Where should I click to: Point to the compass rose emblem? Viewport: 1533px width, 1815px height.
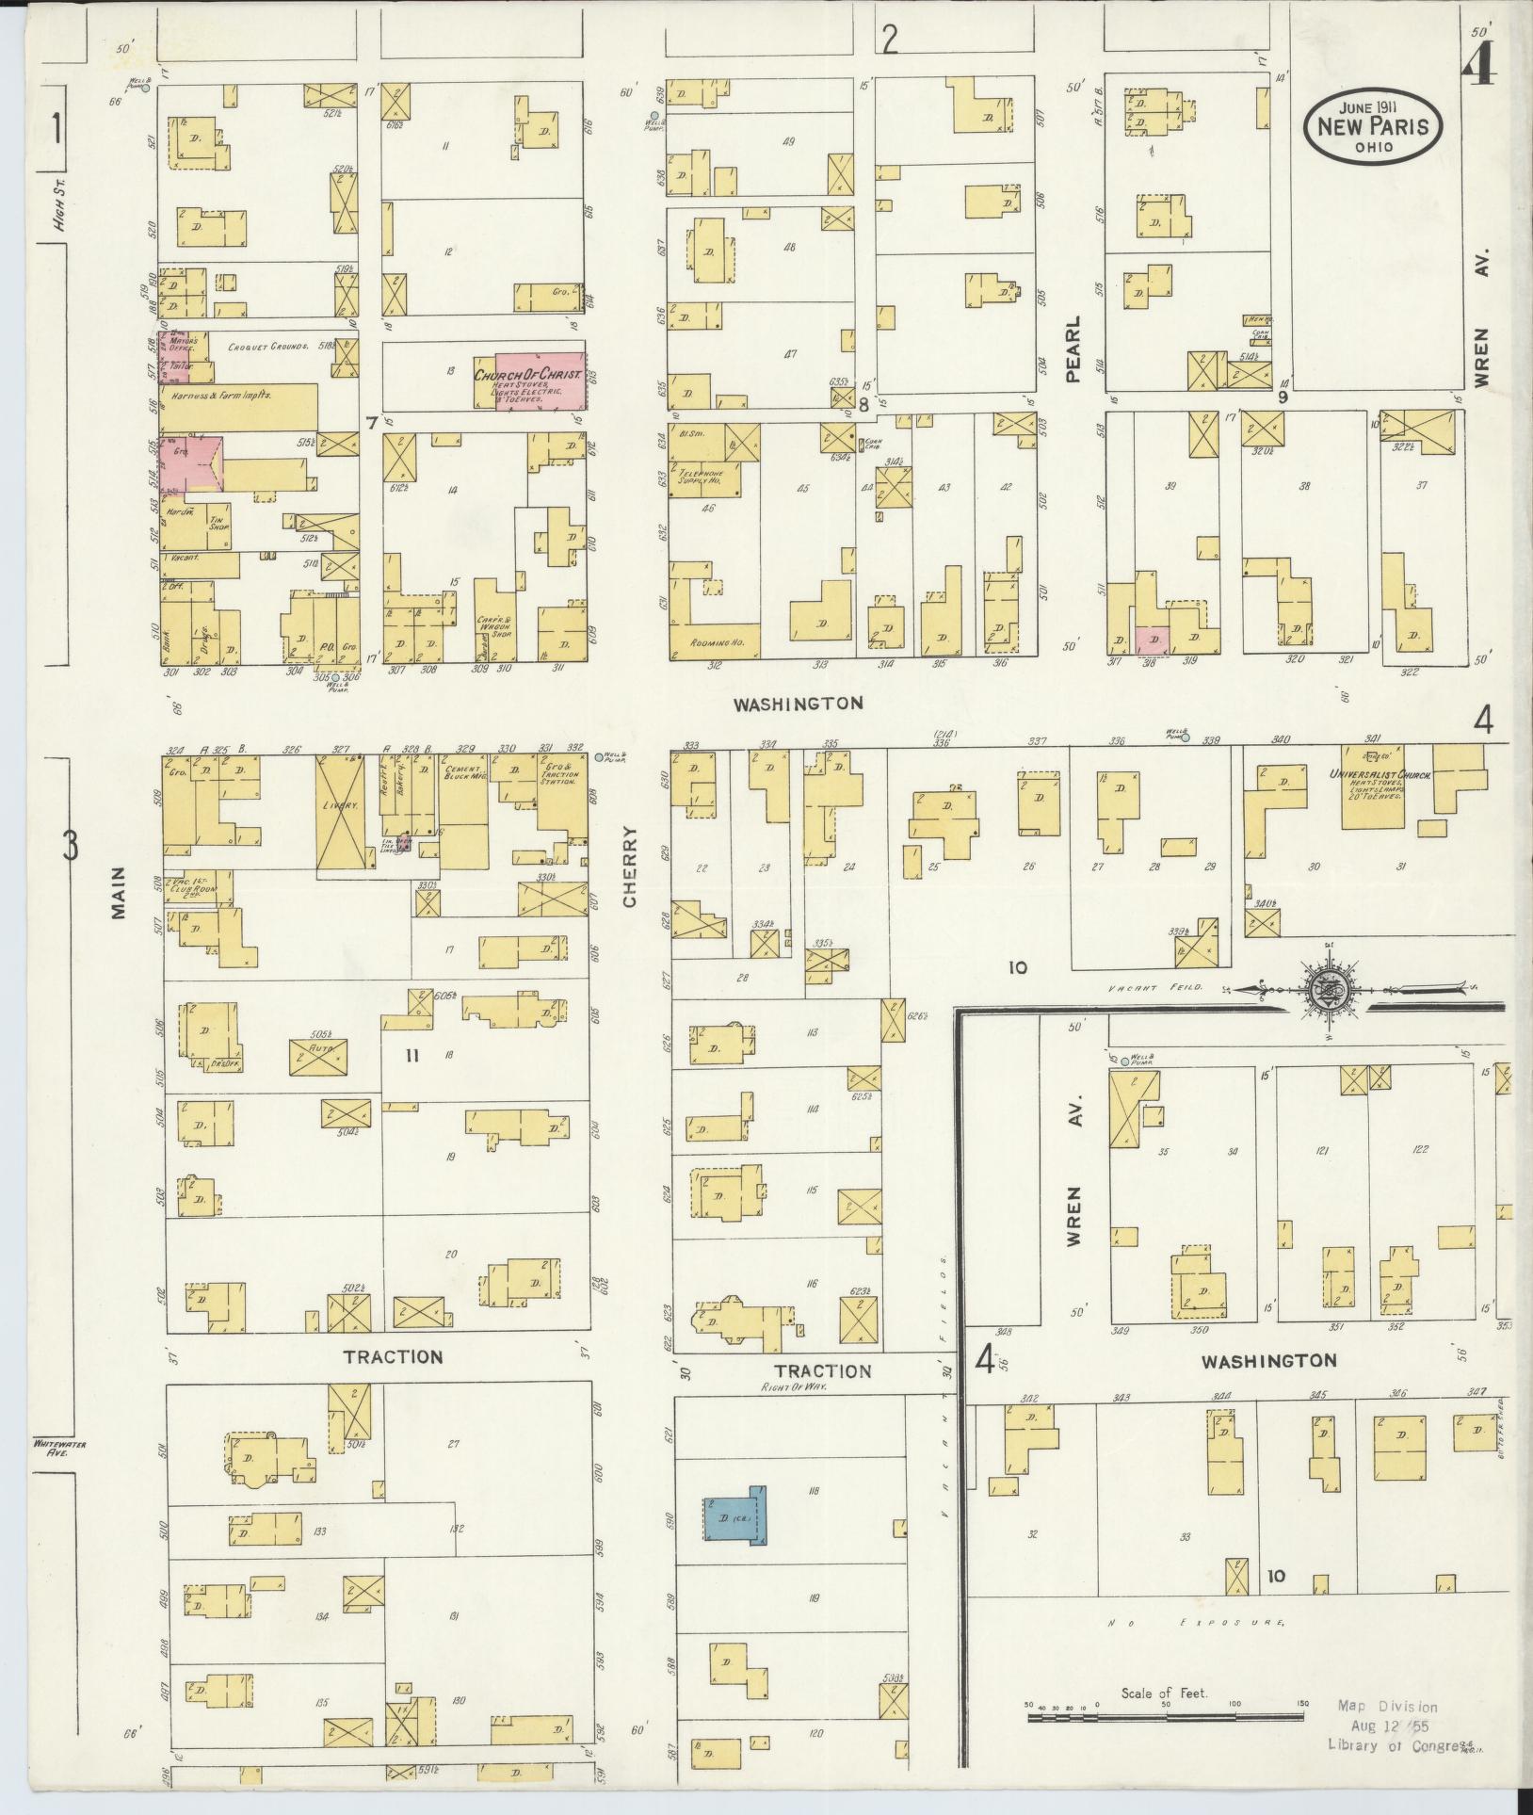point(1324,989)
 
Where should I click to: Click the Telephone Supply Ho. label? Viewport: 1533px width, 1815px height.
point(703,475)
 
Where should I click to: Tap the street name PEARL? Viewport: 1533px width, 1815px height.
point(1073,348)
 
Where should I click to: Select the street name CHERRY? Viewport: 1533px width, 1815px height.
point(629,867)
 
